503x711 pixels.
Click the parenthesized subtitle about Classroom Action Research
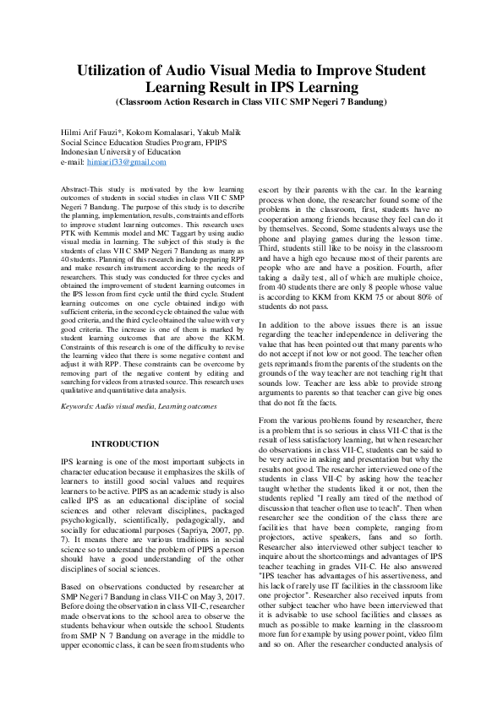[251, 101]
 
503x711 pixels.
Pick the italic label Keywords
[79, 407]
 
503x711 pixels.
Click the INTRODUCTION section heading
[125, 443]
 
